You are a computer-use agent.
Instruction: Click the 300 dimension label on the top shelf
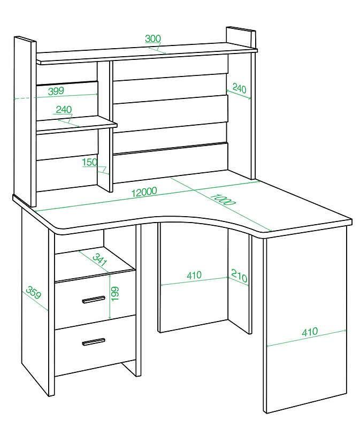click(153, 39)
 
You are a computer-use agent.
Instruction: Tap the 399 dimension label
click(56, 91)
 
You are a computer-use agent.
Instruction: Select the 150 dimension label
click(90, 162)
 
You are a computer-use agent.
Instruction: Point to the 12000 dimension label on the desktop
click(144, 192)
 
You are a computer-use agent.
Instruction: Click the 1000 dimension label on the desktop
click(223, 200)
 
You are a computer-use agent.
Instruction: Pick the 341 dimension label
click(99, 260)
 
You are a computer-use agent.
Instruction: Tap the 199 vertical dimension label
click(116, 293)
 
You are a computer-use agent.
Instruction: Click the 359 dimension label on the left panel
click(34, 293)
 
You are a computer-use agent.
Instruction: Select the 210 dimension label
click(239, 276)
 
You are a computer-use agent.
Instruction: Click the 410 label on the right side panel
click(310, 331)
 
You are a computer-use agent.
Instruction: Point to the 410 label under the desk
click(194, 275)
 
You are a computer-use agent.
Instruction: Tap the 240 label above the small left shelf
click(64, 110)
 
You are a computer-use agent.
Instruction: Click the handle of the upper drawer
click(94, 300)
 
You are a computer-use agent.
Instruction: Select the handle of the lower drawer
click(94, 341)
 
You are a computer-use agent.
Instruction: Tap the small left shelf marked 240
click(76, 124)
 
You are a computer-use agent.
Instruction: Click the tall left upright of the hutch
click(25, 121)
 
